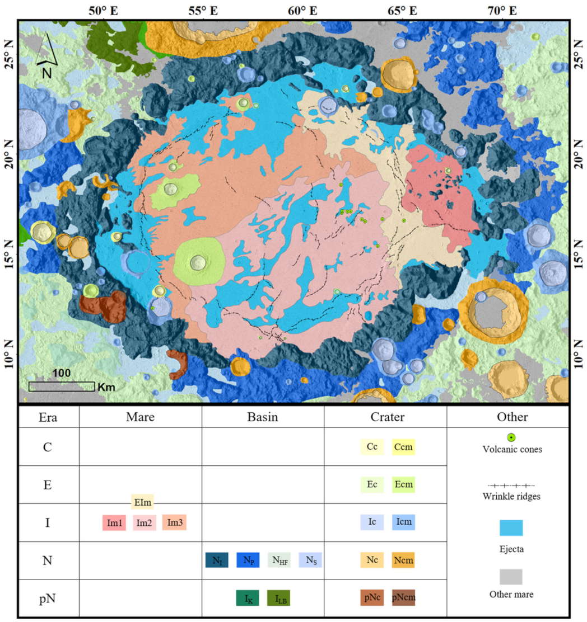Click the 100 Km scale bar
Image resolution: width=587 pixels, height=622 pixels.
pos(61,386)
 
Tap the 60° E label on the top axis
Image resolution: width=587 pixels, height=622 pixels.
pos(303,10)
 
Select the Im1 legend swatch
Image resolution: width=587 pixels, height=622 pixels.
pos(114,523)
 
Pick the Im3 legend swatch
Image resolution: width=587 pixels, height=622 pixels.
pos(174,522)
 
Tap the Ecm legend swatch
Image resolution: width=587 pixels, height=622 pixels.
pos(403,484)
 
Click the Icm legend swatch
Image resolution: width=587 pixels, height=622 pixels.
pos(403,522)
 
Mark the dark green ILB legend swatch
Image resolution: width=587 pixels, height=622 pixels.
pos(278,599)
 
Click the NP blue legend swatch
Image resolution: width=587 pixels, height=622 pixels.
pos(248,560)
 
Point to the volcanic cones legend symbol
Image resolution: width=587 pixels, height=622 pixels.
pos(511,437)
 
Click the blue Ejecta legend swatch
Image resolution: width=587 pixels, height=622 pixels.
pos(511,528)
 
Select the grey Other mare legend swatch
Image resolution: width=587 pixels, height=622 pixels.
pos(511,577)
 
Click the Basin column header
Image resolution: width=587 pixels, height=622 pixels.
pos(262,417)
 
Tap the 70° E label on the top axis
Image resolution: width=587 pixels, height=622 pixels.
pos(502,10)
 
